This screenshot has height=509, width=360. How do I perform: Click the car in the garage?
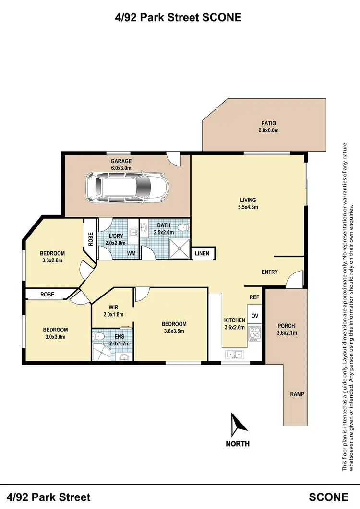pyautogui.click(x=127, y=188)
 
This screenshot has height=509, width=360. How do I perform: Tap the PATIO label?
pyautogui.click(x=269, y=123)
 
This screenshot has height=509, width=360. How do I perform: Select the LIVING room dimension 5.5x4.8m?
pyautogui.click(x=249, y=207)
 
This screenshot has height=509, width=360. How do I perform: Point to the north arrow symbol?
pyautogui.click(x=238, y=425)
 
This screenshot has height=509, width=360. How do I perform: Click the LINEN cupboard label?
pyautogui.click(x=202, y=253)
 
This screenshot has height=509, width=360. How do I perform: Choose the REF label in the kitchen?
pyautogui.click(x=254, y=297)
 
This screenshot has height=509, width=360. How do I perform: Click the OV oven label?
pyautogui.click(x=255, y=316)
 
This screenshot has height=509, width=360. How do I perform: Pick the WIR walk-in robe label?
pyautogui.click(x=114, y=308)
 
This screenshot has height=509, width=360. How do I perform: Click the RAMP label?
pyautogui.click(x=297, y=394)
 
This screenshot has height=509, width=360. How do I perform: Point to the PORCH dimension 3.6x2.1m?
pyautogui.click(x=286, y=333)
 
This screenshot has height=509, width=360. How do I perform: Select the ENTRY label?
pyautogui.click(x=270, y=272)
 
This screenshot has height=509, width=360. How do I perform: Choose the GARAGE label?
pyautogui.click(x=121, y=161)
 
